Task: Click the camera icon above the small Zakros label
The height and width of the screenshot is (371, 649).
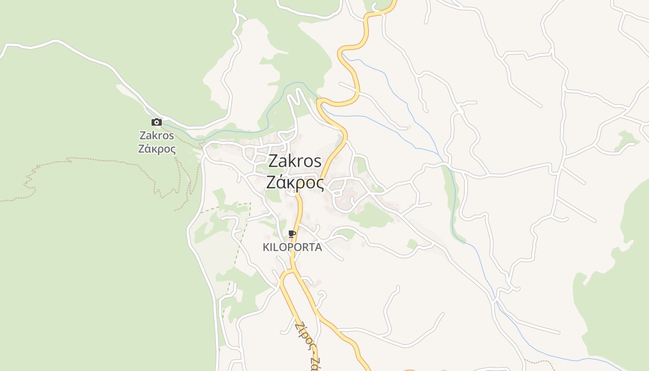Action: point(157,122)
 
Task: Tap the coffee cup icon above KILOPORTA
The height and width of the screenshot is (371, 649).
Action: point(292,234)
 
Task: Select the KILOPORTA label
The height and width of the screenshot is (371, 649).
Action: point(292,247)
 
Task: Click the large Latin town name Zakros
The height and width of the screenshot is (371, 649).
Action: point(295,161)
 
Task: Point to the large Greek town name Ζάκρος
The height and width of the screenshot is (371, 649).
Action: point(295,182)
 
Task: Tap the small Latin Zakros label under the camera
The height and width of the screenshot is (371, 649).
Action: point(157,135)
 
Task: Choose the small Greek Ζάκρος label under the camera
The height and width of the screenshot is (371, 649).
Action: point(157,149)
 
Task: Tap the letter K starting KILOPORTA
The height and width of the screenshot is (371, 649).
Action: point(266,247)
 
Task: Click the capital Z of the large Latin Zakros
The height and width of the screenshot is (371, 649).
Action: point(273,161)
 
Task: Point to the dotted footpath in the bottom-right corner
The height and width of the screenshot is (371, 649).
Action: point(538,361)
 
